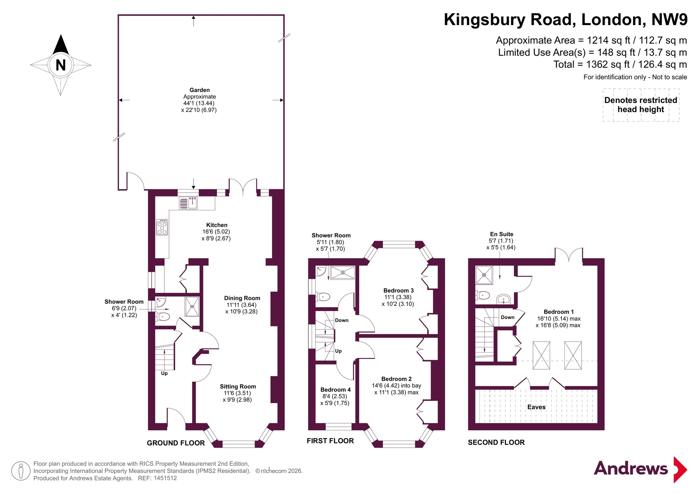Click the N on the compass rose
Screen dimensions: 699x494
pyautogui.click(x=61, y=65)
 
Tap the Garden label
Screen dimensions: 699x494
pyautogui.click(x=200, y=90)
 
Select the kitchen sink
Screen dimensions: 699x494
pyautogui.click(x=189, y=203)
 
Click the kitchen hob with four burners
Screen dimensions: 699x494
pyautogui.click(x=162, y=227)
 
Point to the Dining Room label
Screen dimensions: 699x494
pyautogui.click(x=242, y=298)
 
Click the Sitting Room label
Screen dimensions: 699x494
pyautogui.click(x=238, y=387)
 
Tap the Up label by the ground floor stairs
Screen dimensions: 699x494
pyautogui.click(x=164, y=373)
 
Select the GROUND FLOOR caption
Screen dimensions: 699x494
pyautogui.click(x=176, y=443)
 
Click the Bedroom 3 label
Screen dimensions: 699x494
pyautogui.click(x=398, y=290)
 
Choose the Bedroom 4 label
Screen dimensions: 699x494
pyautogui.click(x=335, y=389)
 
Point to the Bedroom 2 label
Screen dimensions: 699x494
pyautogui.click(x=396, y=379)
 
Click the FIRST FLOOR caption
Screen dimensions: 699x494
pyautogui.click(x=330, y=441)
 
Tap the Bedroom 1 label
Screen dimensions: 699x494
pyautogui.click(x=559, y=312)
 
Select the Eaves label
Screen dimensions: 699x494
pyautogui.click(x=536, y=407)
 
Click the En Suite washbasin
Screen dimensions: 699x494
pyautogui.click(x=503, y=299)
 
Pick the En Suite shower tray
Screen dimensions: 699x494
pyautogui.click(x=484, y=275)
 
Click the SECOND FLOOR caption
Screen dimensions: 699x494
pyautogui.click(x=496, y=443)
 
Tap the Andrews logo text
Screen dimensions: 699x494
pyautogui.click(x=631, y=469)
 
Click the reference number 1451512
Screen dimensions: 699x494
pyautogui.click(x=165, y=478)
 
